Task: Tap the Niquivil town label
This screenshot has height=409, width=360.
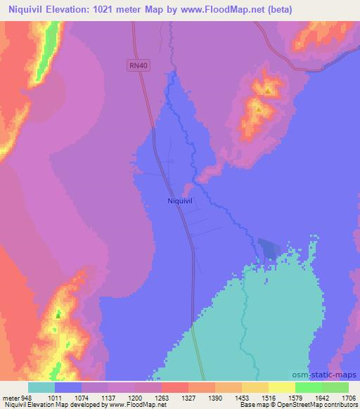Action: (180, 200)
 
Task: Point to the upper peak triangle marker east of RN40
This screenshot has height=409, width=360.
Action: (268, 91)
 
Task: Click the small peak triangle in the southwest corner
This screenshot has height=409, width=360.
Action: (58, 313)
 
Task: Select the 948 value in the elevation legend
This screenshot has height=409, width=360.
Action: (27, 397)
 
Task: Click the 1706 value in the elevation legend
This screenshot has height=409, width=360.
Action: (348, 397)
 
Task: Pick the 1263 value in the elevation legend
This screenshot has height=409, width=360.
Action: (161, 397)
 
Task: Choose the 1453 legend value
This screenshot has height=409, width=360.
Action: (241, 397)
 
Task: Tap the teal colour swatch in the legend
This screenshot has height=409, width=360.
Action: (41, 387)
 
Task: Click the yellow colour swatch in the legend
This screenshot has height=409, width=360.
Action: (281, 387)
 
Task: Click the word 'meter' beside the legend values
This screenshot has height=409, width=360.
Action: (11, 397)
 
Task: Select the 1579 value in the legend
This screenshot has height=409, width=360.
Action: (295, 397)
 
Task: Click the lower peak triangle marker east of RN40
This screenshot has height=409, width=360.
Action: (259, 110)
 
